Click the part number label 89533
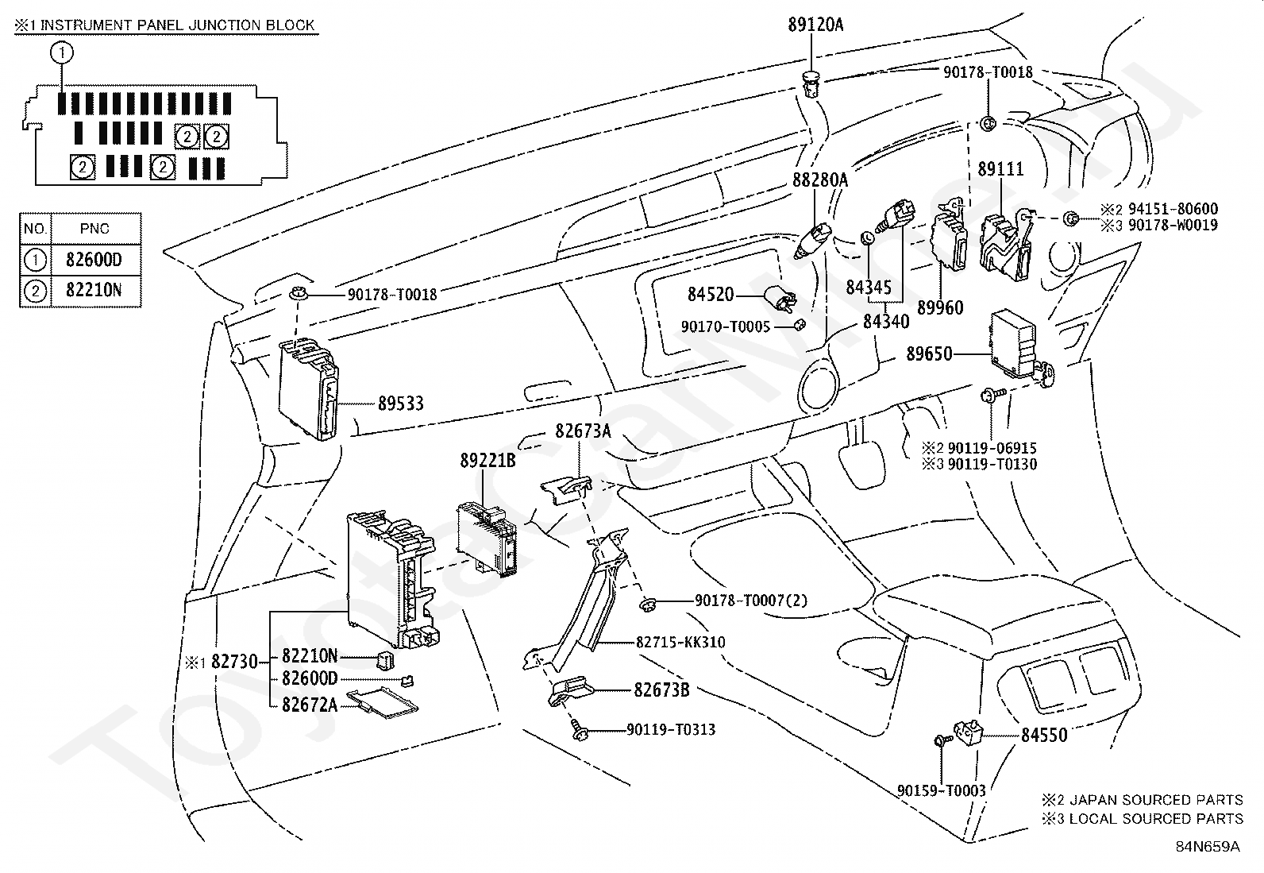pyautogui.click(x=400, y=404)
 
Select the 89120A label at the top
pyautogui.click(x=815, y=25)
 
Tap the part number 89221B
pyautogui.click(x=487, y=460)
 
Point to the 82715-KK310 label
pyautogui.click(x=680, y=642)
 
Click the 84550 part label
pyautogui.click(x=1044, y=736)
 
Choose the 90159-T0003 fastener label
pyautogui.click(x=942, y=790)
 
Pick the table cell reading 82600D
pyautogui.click(x=94, y=259)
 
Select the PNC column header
pyautogui.click(x=94, y=229)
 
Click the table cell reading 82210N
pyautogui.click(x=94, y=291)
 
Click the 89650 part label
pyautogui.click(x=929, y=353)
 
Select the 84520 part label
pyautogui.click(x=711, y=295)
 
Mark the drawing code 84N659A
pyautogui.click(x=1208, y=846)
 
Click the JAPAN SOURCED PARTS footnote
pyautogui.click(x=1151, y=800)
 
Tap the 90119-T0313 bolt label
pyautogui.click(x=671, y=729)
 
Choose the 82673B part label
pyautogui.click(x=661, y=690)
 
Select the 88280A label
pyautogui.click(x=820, y=180)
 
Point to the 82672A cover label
pyautogui.click(x=310, y=704)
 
